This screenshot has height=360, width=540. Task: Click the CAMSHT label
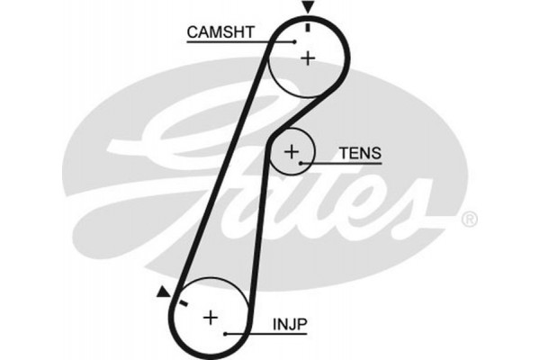(221, 33)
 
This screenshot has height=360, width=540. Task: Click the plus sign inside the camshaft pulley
(308, 58)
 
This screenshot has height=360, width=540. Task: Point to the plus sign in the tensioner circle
(291, 152)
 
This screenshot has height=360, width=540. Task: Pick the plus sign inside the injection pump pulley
(210, 317)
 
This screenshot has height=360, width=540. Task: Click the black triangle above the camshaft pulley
(309, 8)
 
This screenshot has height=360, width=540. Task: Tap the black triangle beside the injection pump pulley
(162, 291)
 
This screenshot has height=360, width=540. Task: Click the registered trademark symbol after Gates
(468, 219)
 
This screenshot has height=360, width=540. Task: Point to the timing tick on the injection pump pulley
(182, 304)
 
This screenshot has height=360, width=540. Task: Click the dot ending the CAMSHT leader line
(294, 41)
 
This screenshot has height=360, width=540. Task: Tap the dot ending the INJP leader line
(225, 334)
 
